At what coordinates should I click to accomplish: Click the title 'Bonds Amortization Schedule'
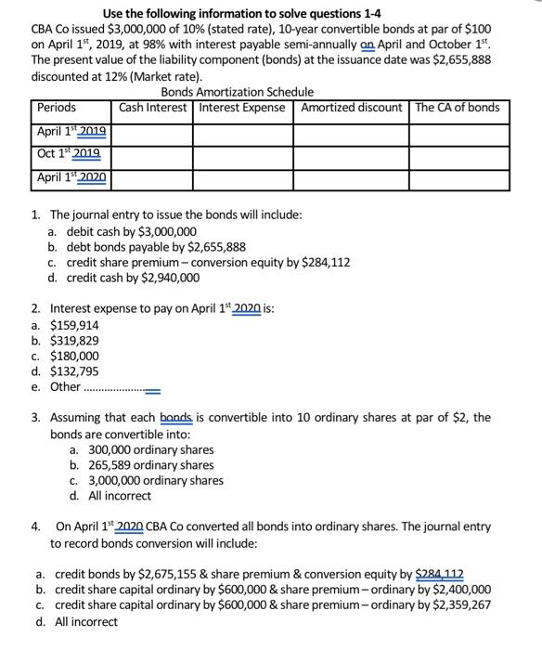pyautogui.click(x=237, y=92)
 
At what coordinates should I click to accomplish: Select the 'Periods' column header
pyautogui.click(x=57, y=108)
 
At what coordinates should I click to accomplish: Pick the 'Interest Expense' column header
pyautogui.click(x=244, y=108)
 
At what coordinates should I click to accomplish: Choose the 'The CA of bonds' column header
pyautogui.click(x=457, y=108)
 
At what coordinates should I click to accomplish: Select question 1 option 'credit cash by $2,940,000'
pyautogui.click(x=133, y=278)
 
